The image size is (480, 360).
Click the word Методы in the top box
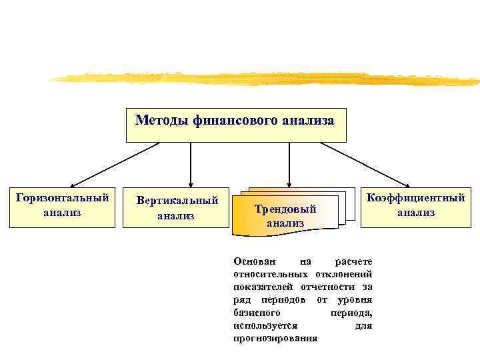tap(162, 121)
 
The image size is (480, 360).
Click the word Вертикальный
tap(177, 200)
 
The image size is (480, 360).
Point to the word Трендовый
tap(285, 209)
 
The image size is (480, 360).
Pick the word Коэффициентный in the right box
tap(416, 198)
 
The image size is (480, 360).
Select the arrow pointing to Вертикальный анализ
tap(191, 164)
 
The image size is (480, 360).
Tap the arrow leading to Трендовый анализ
tap(289, 164)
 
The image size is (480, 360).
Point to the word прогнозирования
tap(276, 339)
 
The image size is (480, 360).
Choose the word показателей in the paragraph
tap(261, 287)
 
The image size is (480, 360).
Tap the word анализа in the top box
tap(307, 121)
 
